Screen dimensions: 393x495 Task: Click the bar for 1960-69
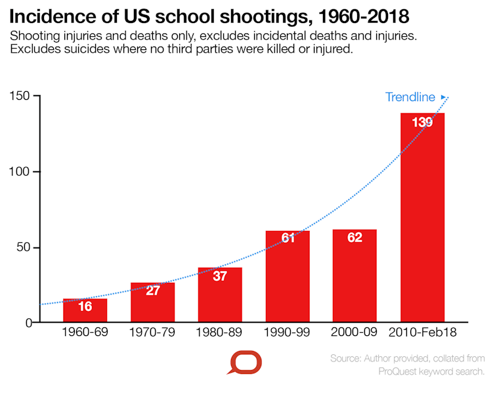point(85,310)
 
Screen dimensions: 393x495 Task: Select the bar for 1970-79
point(153,302)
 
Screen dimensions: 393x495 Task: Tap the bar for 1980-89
point(220,295)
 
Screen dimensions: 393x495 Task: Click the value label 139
point(422,122)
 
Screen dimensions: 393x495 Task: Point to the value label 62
point(355,238)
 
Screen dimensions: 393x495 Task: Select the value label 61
point(288,238)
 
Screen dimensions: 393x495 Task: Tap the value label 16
point(85,306)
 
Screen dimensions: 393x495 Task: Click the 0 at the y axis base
point(28,323)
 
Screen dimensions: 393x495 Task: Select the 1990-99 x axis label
point(288,333)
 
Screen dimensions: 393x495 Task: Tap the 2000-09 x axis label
point(355,333)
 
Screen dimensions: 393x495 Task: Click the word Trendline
point(410,97)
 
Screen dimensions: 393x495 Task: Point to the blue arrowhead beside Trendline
point(443,96)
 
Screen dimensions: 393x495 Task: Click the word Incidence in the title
point(52,14)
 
